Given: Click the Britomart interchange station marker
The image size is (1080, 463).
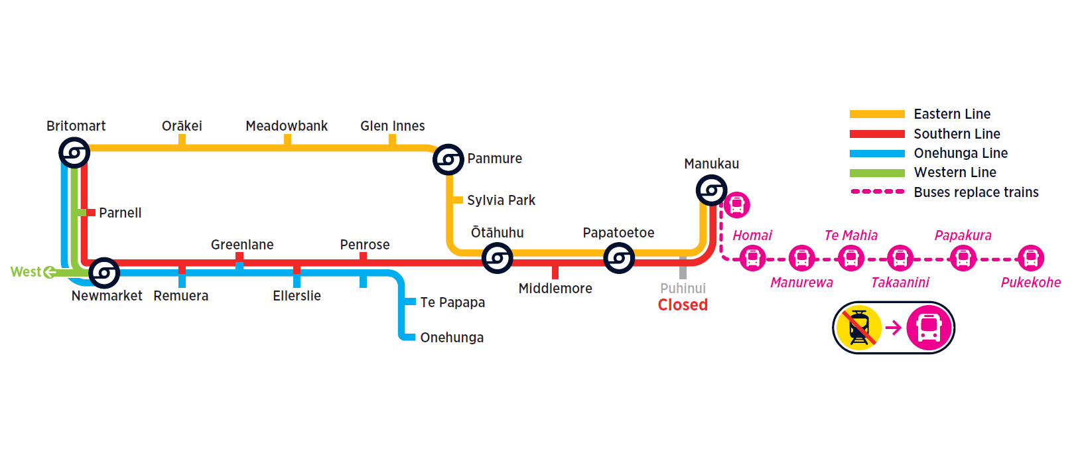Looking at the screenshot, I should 74,153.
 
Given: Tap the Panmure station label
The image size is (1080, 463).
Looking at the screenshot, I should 494,159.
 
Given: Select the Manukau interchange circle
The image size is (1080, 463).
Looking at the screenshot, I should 711,191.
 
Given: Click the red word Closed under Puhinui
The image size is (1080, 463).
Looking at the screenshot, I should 683,305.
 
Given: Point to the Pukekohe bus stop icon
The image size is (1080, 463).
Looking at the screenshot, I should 1031,258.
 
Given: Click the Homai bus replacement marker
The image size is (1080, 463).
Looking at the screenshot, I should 752,258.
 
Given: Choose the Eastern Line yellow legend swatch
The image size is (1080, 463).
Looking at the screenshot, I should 877,114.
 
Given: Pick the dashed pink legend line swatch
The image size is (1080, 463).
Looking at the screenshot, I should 877,192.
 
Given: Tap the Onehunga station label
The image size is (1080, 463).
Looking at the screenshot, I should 452,338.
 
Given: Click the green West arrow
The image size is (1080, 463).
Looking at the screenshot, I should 49,272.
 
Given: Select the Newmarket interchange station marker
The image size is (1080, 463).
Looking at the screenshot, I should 104,273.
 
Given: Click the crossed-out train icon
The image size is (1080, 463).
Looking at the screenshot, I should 859,328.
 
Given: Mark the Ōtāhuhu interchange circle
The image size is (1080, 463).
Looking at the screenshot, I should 497,258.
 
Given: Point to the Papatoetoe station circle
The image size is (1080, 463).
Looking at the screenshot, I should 619,258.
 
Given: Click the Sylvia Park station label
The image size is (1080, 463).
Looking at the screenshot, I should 501,200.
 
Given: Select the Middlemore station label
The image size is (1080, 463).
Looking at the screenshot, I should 555,289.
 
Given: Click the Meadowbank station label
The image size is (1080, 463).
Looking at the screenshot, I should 287,126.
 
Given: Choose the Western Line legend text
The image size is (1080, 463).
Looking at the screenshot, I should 955,172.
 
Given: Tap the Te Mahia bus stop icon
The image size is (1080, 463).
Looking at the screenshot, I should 851,258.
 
